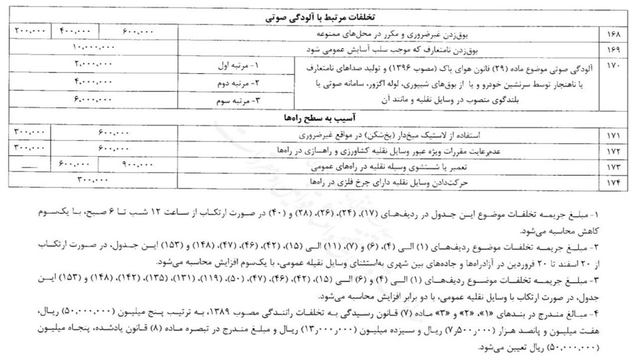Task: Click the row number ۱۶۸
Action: click(x=613, y=33)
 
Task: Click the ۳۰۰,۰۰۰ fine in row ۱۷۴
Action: click(x=95, y=180)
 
